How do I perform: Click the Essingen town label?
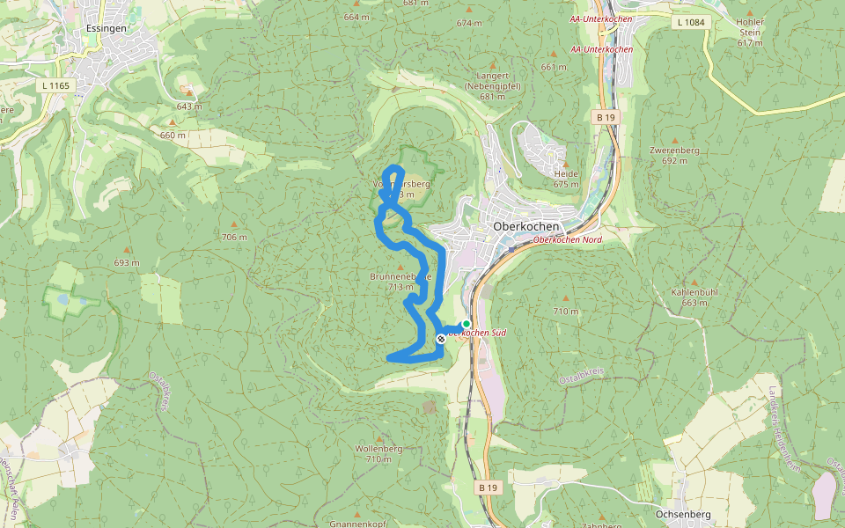(107, 28)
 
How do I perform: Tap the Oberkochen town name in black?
(527, 225)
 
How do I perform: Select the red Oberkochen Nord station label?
(568, 239)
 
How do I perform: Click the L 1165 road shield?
(55, 85)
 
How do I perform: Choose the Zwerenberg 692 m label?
(674, 155)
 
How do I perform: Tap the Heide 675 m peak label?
(566, 179)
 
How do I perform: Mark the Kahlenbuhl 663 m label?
(694, 297)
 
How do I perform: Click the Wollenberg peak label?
(378, 453)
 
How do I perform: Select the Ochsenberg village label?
(683, 514)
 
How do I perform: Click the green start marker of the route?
(467, 324)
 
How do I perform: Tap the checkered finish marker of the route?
(441, 339)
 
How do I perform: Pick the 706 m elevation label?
(234, 238)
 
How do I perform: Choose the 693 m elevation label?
(127, 263)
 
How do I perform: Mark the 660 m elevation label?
(173, 135)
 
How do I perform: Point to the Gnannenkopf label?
(358, 524)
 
